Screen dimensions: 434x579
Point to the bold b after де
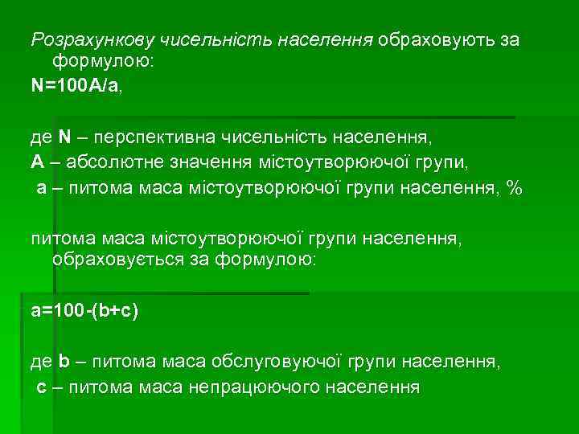pos(64,362)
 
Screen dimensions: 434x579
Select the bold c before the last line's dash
pos(42,387)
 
